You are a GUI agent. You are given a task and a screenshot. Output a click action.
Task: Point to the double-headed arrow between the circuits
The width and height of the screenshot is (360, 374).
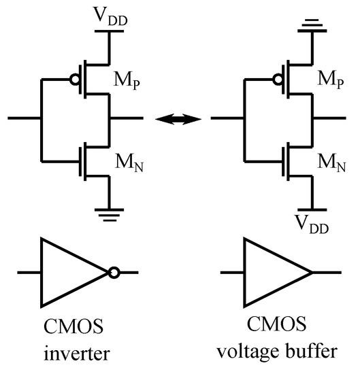[178, 120]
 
